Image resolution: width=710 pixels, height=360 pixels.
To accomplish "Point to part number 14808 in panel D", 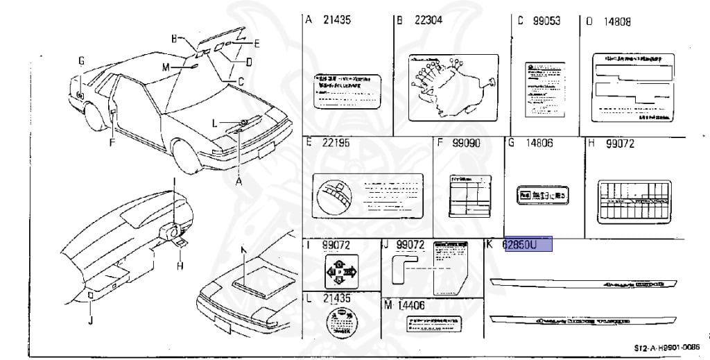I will [x=616, y=21].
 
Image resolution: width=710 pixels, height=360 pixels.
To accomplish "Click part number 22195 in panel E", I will [x=336, y=143].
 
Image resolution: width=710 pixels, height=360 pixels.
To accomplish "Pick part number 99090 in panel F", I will [x=466, y=143].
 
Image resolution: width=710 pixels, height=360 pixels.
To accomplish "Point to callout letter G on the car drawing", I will [x=81, y=61].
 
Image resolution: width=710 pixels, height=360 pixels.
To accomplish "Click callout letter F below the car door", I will [x=112, y=144].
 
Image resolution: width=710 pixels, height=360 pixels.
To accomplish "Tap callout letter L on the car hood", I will [x=216, y=123].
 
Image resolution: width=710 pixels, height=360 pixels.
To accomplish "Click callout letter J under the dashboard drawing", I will [x=91, y=320].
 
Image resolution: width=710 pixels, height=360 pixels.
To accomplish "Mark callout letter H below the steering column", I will [x=179, y=265].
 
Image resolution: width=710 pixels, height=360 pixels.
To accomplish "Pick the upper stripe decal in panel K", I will [x=582, y=284].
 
